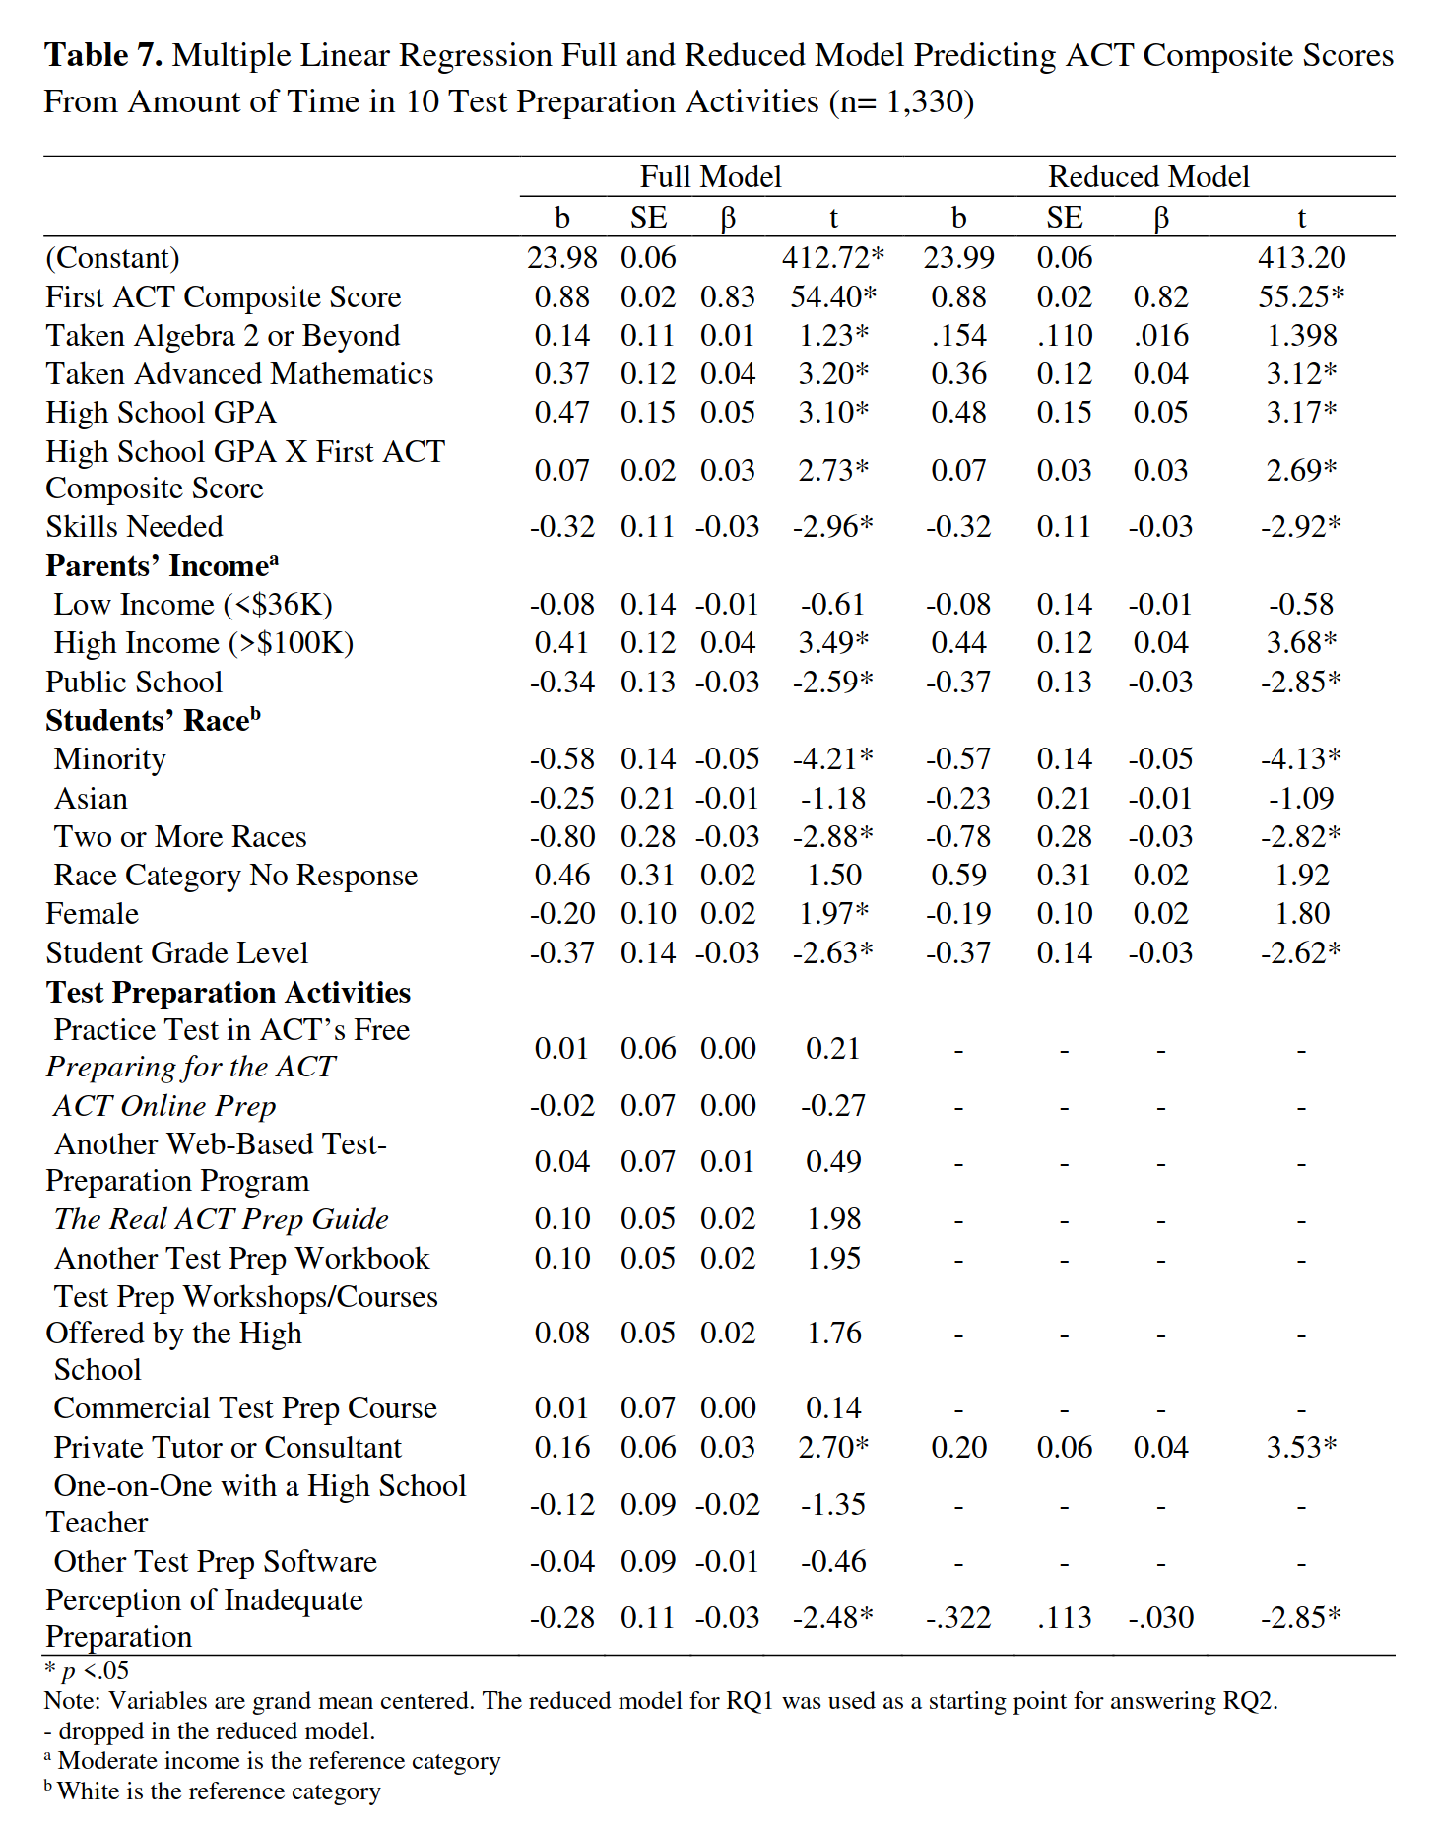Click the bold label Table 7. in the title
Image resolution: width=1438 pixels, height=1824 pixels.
tap(103, 55)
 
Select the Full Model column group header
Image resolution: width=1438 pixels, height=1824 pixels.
tap(710, 176)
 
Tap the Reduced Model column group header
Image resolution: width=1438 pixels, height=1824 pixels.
tap(1148, 176)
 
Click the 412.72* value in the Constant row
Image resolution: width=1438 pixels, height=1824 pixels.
tap(833, 258)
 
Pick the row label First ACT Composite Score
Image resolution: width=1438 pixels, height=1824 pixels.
tap(224, 297)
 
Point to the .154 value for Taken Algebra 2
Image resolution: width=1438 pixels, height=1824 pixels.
tap(958, 336)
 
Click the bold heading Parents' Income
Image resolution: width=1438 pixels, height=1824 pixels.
tap(162, 566)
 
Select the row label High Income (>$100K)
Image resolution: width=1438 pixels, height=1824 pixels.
tap(204, 643)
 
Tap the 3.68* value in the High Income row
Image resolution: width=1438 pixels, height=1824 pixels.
tap(1301, 643)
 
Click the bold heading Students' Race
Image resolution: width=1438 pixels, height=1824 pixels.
tap(153, 721)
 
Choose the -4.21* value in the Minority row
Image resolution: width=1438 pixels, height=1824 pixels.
tap(833, 759)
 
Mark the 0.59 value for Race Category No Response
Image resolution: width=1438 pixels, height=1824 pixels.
tap(958, 876)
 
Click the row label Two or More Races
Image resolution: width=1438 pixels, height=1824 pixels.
tap(180, 837)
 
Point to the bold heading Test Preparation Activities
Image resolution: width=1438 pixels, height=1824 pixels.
tap(229, 993)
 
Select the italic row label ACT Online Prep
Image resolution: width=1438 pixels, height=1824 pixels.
tap(164, 1106)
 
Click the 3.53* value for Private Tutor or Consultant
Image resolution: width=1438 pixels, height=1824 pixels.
tap(1301, 1448)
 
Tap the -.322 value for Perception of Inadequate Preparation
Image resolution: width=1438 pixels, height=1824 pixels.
tap(958, 1618)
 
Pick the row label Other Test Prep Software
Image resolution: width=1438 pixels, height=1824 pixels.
tap(216, 1562)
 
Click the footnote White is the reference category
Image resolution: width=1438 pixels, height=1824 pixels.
tap(218, 1791)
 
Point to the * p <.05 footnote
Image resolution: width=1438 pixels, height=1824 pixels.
tap(87, 1671)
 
